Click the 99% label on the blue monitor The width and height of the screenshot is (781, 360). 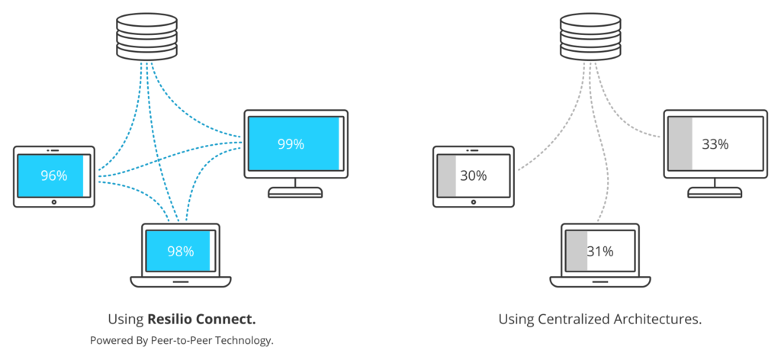click(291, 144)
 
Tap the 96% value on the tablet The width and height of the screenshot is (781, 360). click(54, 175)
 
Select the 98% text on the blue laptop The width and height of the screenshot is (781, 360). click(180, 252)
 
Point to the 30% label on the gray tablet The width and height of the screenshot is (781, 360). click(473, 175)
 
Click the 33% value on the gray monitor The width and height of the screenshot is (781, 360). click(715, 144)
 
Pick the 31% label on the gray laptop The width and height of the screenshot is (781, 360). click(599, 252)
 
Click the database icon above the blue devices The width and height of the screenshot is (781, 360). click(147, 37)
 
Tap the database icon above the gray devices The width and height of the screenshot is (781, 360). click(591, 37)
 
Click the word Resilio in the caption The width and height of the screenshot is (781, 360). click(170, 319)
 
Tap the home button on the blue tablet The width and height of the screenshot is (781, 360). click(54, 202)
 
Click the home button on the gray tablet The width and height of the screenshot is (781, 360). click(473, 202)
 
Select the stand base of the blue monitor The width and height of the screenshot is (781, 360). click(295, 193)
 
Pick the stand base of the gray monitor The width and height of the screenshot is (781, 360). click(715, 193)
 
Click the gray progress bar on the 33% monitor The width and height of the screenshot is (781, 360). click(680, 144)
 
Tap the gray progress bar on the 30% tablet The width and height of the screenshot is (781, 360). click(447, 175)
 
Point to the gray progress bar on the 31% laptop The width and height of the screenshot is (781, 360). click(577, 252)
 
